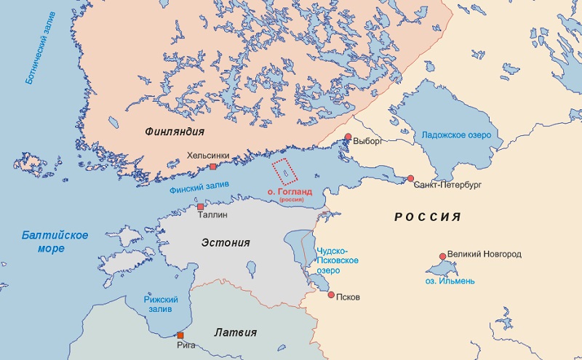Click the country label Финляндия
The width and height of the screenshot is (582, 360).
click(174, 132)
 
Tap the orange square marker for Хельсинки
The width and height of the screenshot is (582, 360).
click(213, 167)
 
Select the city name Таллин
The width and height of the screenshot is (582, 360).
click(213, 216)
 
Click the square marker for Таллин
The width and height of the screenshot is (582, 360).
click(201, 207)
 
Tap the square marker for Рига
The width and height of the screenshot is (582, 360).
click(180, 335)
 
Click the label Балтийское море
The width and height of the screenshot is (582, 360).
click(55, 241)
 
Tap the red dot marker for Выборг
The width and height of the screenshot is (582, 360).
click(348, 137)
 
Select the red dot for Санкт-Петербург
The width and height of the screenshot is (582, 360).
click(410, 178)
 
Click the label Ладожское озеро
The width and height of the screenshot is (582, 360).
click(457, 135)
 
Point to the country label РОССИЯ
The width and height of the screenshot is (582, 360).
click(428, 217)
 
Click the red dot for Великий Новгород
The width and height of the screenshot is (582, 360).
click(442, 256)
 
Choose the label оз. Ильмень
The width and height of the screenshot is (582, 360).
click(451, 280)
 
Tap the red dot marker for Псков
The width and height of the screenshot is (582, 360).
click(331, 295)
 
